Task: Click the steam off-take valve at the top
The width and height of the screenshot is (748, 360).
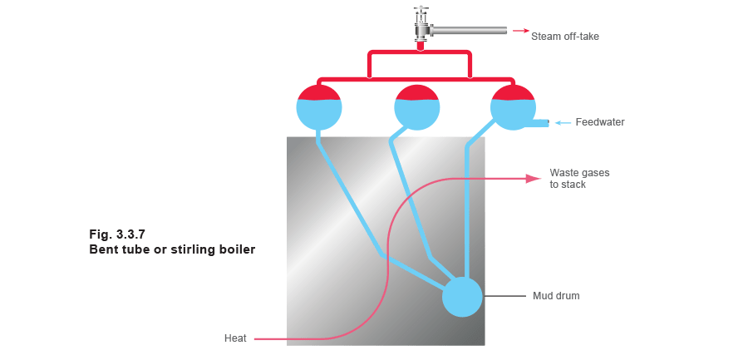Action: (422, 25)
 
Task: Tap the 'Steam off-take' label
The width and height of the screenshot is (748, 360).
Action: (566, 37)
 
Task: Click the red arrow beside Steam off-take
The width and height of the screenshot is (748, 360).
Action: (521, 31)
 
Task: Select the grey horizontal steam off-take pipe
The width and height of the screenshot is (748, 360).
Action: (470, 32)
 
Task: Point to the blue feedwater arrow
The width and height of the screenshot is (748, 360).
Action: (563, 123)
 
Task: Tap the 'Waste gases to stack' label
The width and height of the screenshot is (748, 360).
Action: (580, 178)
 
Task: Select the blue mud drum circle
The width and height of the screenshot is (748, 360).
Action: (462, 297)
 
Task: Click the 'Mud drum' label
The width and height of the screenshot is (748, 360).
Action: (556, 296)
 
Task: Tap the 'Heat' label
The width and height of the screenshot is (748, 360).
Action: (234, 338)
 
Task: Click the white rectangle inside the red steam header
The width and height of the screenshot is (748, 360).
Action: (421, 65)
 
